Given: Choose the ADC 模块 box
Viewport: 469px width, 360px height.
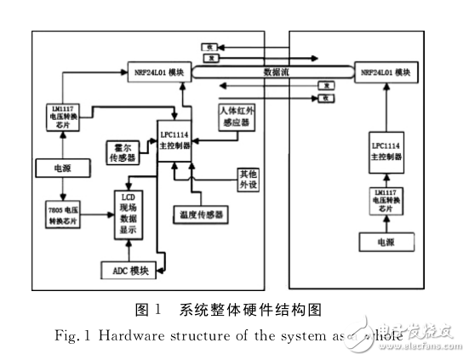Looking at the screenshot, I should click(x=123, y=271).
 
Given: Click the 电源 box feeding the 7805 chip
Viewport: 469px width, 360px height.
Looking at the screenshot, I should click(x=60, y=167).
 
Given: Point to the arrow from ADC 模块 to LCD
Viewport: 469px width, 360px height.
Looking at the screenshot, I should click(x=129, y=249).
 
